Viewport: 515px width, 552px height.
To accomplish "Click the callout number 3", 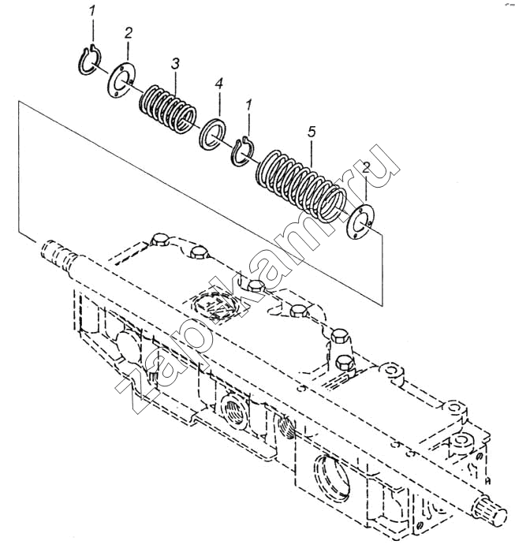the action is (x=175, y=65).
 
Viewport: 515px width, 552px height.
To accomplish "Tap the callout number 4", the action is (x=218, y=84).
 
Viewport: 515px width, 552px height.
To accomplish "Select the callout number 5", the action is (x=312, y=132).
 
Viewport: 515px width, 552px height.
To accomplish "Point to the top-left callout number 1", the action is (x=91, y=12).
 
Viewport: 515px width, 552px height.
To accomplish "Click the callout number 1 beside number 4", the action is (x=249, y=106).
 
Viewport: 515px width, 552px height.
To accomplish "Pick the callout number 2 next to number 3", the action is (x=128, y=34).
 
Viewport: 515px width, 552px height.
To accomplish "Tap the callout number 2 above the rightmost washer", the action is (x=366, y=168).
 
